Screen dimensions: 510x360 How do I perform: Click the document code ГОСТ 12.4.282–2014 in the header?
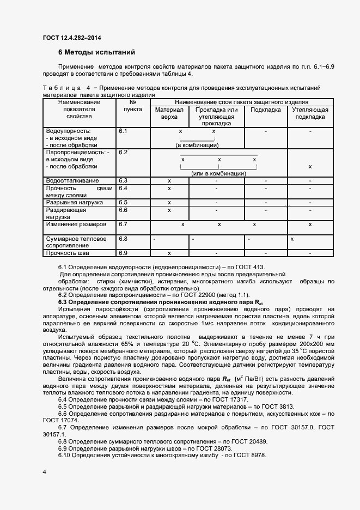coord(72,38)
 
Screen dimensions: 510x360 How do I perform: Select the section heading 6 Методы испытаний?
coord(96,53)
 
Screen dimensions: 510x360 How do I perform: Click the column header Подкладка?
coord(265,110)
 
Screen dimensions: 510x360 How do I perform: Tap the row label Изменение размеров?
coord(76,224)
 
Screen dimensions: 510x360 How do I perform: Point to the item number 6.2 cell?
coord(123,153)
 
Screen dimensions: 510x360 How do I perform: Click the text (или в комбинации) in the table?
coord(217,173)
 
